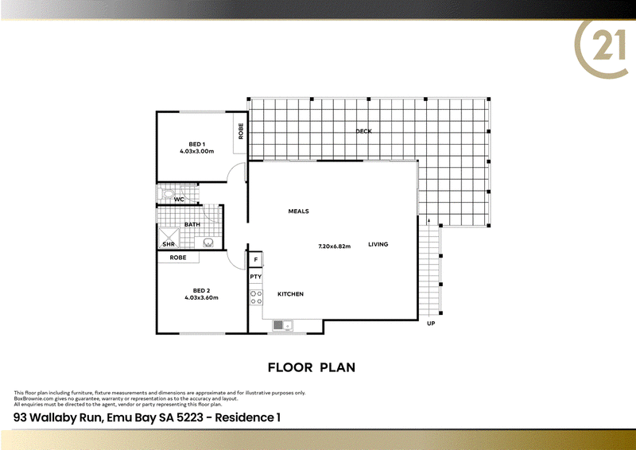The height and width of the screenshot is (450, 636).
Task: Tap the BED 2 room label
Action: point(201,291)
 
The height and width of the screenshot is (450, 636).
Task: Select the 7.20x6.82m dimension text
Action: point(335,246)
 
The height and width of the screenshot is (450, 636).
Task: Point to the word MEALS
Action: point(298,211)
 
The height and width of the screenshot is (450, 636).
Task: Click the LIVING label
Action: point(378,244)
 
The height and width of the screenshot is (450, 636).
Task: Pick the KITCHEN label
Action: point(290,294)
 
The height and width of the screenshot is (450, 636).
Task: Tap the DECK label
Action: point(363,131)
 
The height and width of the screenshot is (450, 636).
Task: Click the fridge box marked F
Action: point(256,260)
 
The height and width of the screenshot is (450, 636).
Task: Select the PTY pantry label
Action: point(256,277)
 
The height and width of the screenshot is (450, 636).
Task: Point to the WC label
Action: point(180,200)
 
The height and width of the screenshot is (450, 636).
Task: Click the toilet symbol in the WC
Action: point(166,194)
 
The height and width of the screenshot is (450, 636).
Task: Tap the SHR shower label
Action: point(169,244)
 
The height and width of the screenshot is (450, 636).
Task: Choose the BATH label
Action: point(192,225)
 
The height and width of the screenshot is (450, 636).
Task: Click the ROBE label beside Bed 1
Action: point(240,131)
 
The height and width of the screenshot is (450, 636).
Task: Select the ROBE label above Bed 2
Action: point(177,258)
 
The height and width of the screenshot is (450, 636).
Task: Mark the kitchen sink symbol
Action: point(281,324)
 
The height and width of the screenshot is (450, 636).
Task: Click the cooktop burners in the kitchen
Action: point(257,298)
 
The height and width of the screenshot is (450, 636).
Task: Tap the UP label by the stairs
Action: point(431,324)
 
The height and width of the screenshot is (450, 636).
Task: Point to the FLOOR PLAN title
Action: point(311,367)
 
